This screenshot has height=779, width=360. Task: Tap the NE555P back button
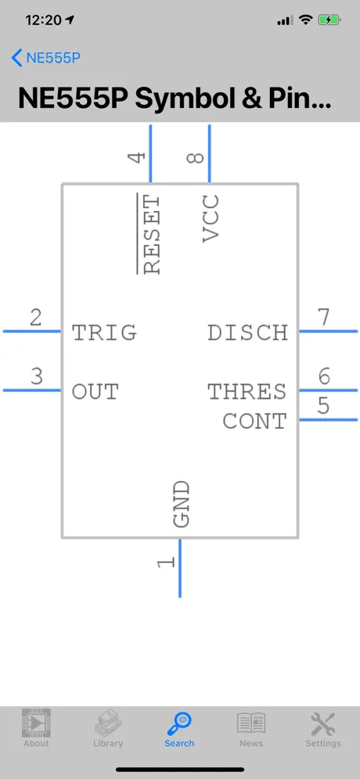[x=45, y=58]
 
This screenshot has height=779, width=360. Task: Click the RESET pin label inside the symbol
[x=151, y=235]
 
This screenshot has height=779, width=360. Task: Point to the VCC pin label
[x=211, y=218]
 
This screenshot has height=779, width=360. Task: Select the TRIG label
[x=104, y=332]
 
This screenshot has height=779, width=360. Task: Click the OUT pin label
[x=95, y=392]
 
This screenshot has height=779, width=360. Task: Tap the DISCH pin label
[x=247, y=332]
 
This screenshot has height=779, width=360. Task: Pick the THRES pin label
[x=247, y=392]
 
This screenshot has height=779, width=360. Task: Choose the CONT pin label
[x=254, y=422]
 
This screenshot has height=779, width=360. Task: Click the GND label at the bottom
[x=181, y=504]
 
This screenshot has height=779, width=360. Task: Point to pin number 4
[x=137, y=157]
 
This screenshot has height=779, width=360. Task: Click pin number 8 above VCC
[x=196, y=158]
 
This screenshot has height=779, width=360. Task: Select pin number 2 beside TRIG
[x=36, y=318]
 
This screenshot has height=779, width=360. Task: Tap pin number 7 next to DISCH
[x=324, y=318]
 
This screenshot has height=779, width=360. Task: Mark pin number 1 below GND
[x=167, y=562]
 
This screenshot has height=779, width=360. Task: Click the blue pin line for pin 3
[x=32, y=390]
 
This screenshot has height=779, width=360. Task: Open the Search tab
[x=179, y=730]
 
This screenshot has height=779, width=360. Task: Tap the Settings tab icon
[x=323, y=723]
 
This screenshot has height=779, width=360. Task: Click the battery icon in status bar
[x=329, y=20]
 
